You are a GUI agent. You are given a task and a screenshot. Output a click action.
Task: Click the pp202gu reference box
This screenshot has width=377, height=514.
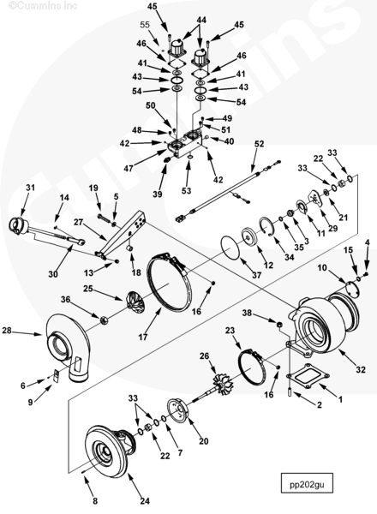click(x=307, y=482)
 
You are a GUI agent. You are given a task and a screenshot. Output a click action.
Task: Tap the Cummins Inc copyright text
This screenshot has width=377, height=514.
click(x=43, y=6)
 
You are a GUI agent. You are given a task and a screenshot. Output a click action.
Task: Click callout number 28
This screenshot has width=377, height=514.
click(x=7, y=331)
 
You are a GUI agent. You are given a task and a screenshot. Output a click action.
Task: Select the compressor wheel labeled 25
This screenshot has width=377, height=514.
click(x=135, y=301)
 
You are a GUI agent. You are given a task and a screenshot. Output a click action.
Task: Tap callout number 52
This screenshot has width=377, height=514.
click(x=259, y=144)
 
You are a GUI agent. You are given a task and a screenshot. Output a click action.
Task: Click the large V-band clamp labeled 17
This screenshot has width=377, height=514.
click(x=169, y=282)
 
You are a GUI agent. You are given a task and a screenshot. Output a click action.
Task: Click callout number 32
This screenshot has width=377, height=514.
click(x=360, y=369)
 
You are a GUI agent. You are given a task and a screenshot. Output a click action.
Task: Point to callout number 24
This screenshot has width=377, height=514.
click(x=145, y=501)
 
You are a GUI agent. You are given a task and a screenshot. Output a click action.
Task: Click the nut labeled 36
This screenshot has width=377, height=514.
click(x=104, y=320)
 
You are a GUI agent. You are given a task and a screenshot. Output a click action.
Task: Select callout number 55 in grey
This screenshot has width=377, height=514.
click(x=145, y=25)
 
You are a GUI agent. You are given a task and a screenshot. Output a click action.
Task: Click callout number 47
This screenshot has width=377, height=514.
click(x=129, y=168)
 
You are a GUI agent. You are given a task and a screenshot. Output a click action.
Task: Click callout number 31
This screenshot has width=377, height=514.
click(x=30, y=188)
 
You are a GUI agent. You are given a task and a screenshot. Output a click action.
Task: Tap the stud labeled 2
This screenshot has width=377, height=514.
click(x=290, y=391)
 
